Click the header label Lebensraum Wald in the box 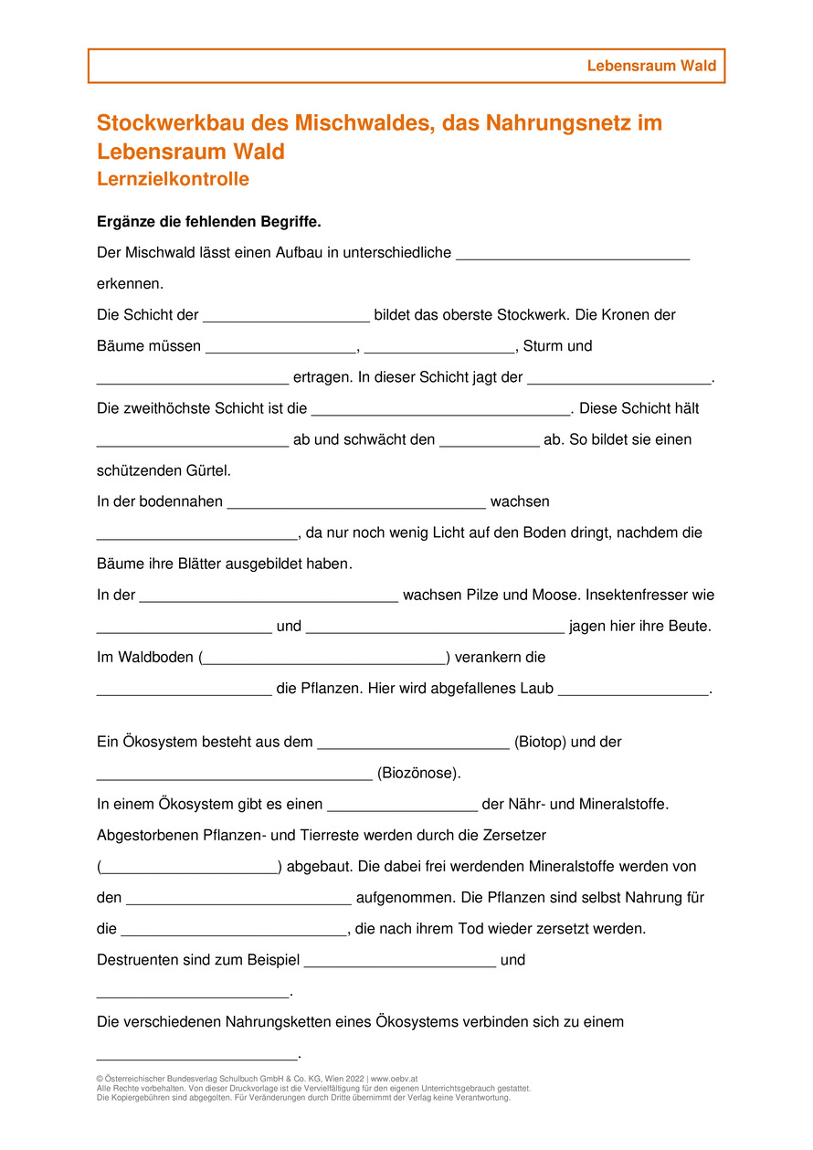(651, 66)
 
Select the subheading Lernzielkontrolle (173, 179)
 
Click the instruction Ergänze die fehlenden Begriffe (209, 222)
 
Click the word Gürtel (208, 471)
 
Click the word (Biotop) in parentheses (541, 742)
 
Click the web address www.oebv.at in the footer (395, 1079)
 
